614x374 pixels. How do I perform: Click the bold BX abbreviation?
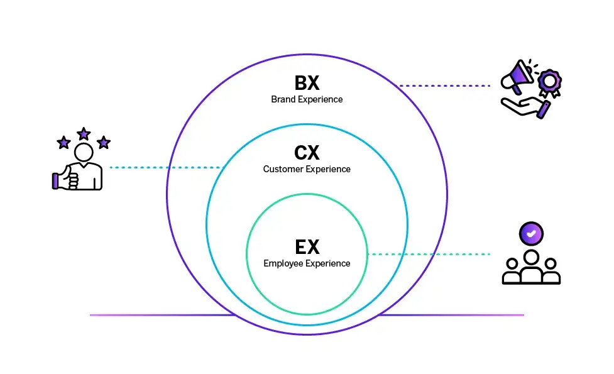coord(307,84)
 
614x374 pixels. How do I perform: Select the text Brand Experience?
coord(307,99)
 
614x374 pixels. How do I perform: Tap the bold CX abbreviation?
coord(307,153)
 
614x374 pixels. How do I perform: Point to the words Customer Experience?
coord(307,169)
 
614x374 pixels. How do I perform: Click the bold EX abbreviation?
coord(307,247)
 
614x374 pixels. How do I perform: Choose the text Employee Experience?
coord(307,263)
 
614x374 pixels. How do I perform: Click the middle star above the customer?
coord(84,134)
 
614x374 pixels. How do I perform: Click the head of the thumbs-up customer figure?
coord(84,151)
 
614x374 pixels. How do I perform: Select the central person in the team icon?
coord(531,267)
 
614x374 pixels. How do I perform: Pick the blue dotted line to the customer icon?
coord(163,167)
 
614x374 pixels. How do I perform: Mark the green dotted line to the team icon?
coord(427,254)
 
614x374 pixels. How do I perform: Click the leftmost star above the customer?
coord(63,143)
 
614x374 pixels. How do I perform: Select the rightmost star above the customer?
coord(104,143)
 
